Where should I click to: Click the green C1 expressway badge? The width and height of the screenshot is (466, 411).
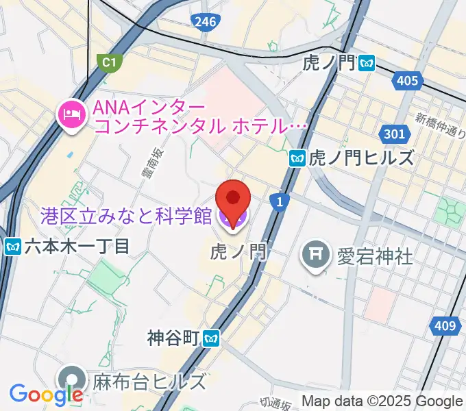point(108,63)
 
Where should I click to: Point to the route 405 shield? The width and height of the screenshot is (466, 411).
point(406,82)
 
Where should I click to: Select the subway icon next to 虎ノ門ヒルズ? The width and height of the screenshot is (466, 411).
point(297,158)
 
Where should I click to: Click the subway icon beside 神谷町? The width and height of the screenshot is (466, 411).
point(213,337)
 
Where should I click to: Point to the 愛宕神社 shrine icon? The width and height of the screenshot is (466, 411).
point(316,256)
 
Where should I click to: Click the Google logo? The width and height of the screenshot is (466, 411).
point(46,395)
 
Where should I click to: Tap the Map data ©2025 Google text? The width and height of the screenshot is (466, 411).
point(382,401)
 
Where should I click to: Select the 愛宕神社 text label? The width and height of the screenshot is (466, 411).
point(374,257)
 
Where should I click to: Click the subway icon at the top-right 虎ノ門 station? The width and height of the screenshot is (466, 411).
point(368,63)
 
